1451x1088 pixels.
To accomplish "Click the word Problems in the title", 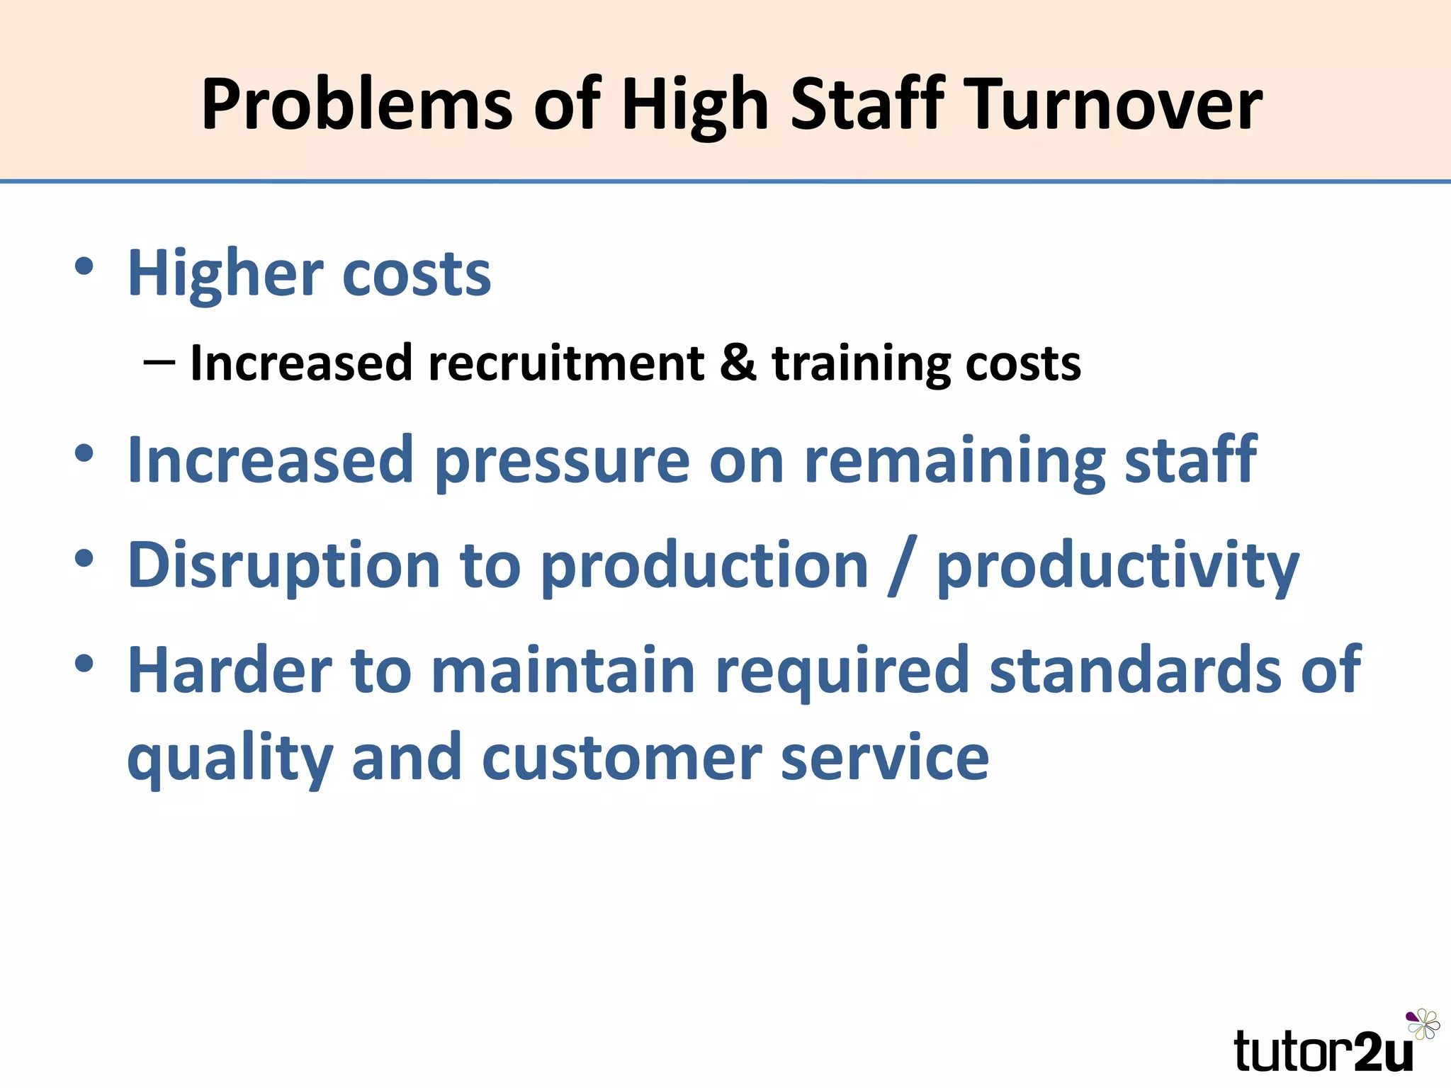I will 356,105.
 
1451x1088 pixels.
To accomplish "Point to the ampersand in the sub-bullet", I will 738,363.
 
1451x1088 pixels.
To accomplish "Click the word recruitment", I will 566,363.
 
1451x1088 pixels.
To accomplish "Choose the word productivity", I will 1118,567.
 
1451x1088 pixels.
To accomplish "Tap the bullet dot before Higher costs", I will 84,267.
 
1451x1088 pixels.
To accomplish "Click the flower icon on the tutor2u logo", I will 1423,1025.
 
